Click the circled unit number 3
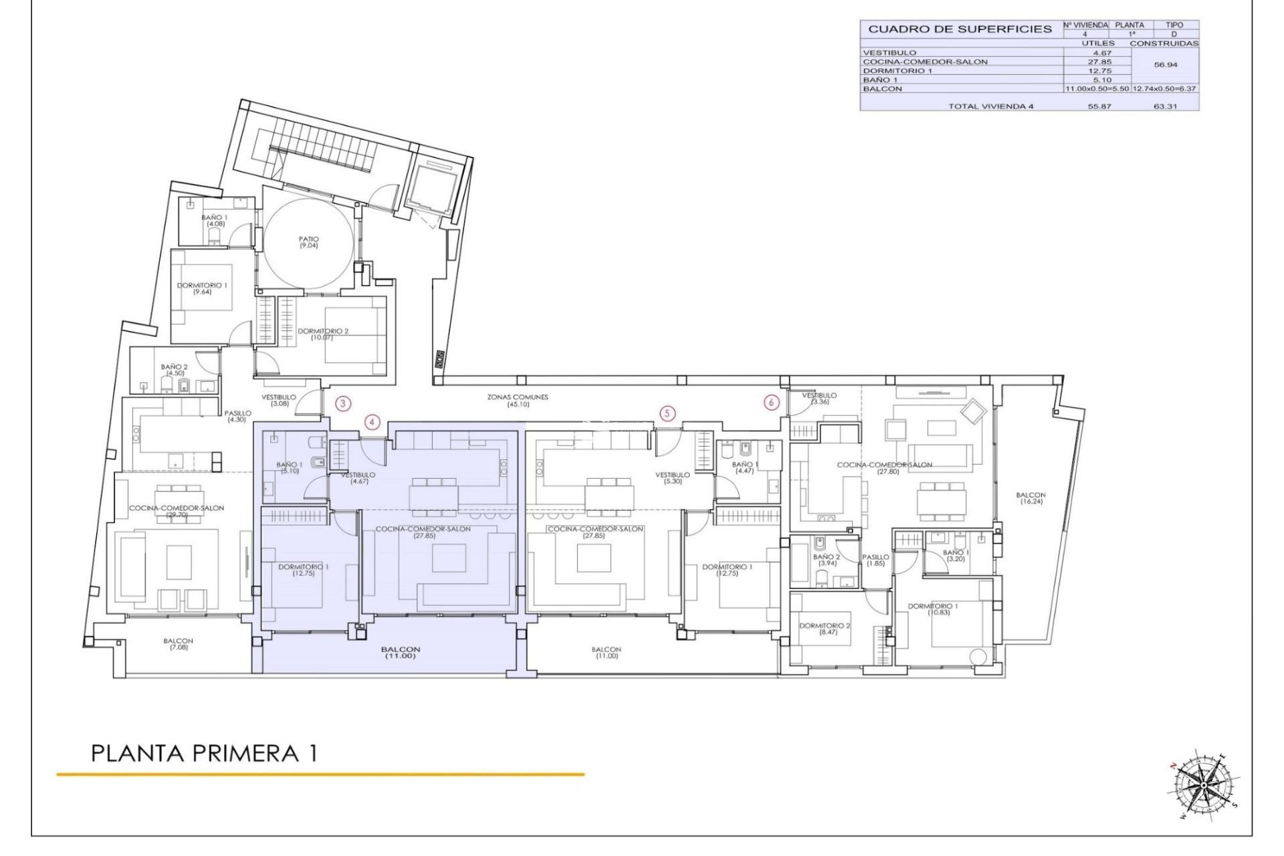(343, 403)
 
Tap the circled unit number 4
(372, 422)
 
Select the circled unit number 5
(667, 414)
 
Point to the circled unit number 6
(772, 403)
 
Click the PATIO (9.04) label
(309, 242)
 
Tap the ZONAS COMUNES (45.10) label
(518, 401)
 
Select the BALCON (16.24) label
(1030, 498)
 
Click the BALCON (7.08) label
(179, 644)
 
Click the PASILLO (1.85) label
(875, 560)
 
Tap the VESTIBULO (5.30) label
(672, 478)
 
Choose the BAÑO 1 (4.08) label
(215, 221)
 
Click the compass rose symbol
(1202, 784)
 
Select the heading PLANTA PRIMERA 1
(204, 754)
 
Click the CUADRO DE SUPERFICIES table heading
(960, 29)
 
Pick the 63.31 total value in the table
(1165, 106)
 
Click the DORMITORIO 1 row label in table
(897, 71)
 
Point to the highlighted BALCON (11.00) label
(401, 653)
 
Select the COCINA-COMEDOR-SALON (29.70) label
(177, 511)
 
